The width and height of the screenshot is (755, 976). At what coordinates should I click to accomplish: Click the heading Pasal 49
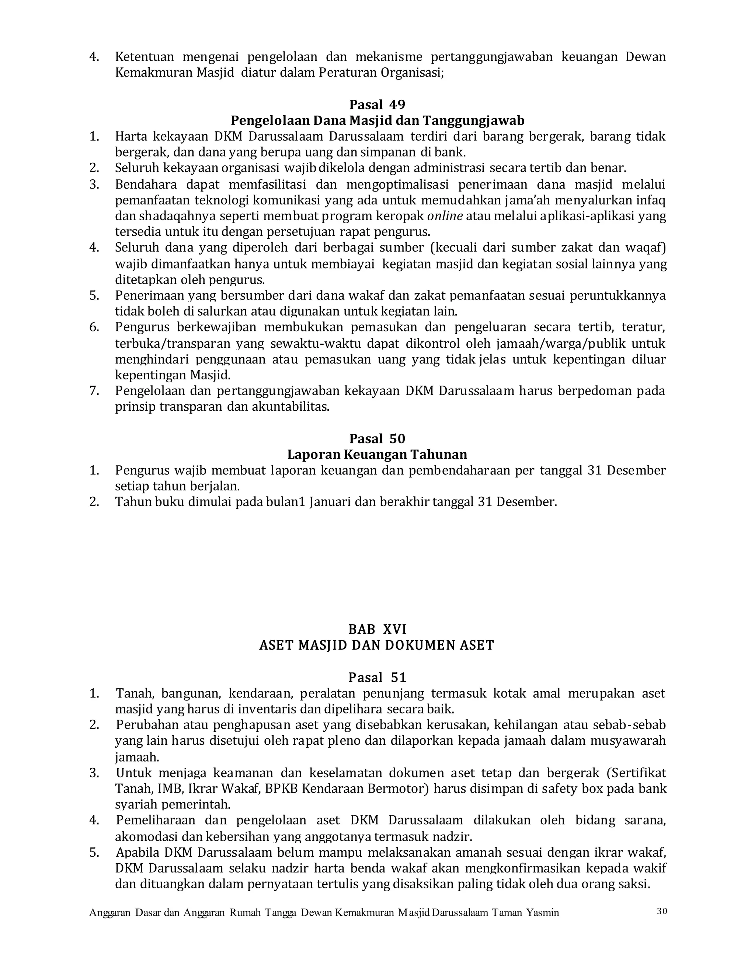pos(377,105)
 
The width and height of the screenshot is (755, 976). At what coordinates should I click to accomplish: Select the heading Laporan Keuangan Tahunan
pos(377,454)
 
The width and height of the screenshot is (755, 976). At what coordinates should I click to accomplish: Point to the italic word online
pos(445,216)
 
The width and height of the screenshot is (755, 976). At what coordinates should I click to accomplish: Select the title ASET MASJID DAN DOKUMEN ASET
pos(377,645)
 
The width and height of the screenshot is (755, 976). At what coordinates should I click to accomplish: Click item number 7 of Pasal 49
pos(94,391)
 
